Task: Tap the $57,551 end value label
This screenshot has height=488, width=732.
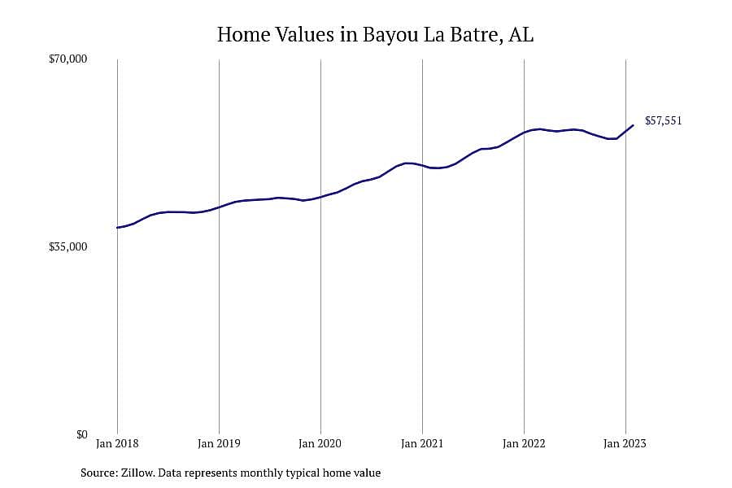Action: pyautogui.click(x=664, y=121)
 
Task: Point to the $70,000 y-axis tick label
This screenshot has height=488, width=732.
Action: pyautogui.click(x=68, y=59)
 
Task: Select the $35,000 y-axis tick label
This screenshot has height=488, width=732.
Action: pyautogui.click(x=68, y=247)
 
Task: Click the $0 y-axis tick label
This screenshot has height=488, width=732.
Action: pyautogui.click(x=81, y=435)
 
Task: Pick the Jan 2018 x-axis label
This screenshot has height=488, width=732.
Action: pyautogui.click(x=117, y=443)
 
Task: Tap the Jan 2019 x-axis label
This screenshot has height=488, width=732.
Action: pyautogui.click(x=219, y=443)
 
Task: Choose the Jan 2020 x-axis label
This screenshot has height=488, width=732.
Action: pyautogui.click(x=320, y=443)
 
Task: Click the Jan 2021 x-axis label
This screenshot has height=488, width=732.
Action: pyautogui.click(x=422, y=443)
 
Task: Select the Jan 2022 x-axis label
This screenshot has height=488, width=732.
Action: pyautogui.click(x=524, y=443)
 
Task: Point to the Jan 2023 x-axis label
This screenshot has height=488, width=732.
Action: pyautogui.click(x=625, y=443)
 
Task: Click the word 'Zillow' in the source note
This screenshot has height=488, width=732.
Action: pyautogui.click(x=137, y=473)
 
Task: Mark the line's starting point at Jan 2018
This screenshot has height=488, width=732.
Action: pyautogui.click(x=117, y=228)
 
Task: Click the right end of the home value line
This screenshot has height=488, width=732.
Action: pyautogui.click(x=633, y=125)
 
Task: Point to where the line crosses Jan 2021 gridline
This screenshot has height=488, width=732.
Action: pyautogui.click(x=422, y=165)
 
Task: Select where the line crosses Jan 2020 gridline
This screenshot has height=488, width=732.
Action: pyautogui.click(x=320, y=197)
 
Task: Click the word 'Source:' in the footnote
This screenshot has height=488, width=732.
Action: pyautogui.click(x=99, y=473)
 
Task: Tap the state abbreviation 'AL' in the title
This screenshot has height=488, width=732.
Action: pyautogui.click(x=521, y=35)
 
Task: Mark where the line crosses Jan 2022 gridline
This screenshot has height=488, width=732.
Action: pyautogui.click(x=525, y=132)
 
